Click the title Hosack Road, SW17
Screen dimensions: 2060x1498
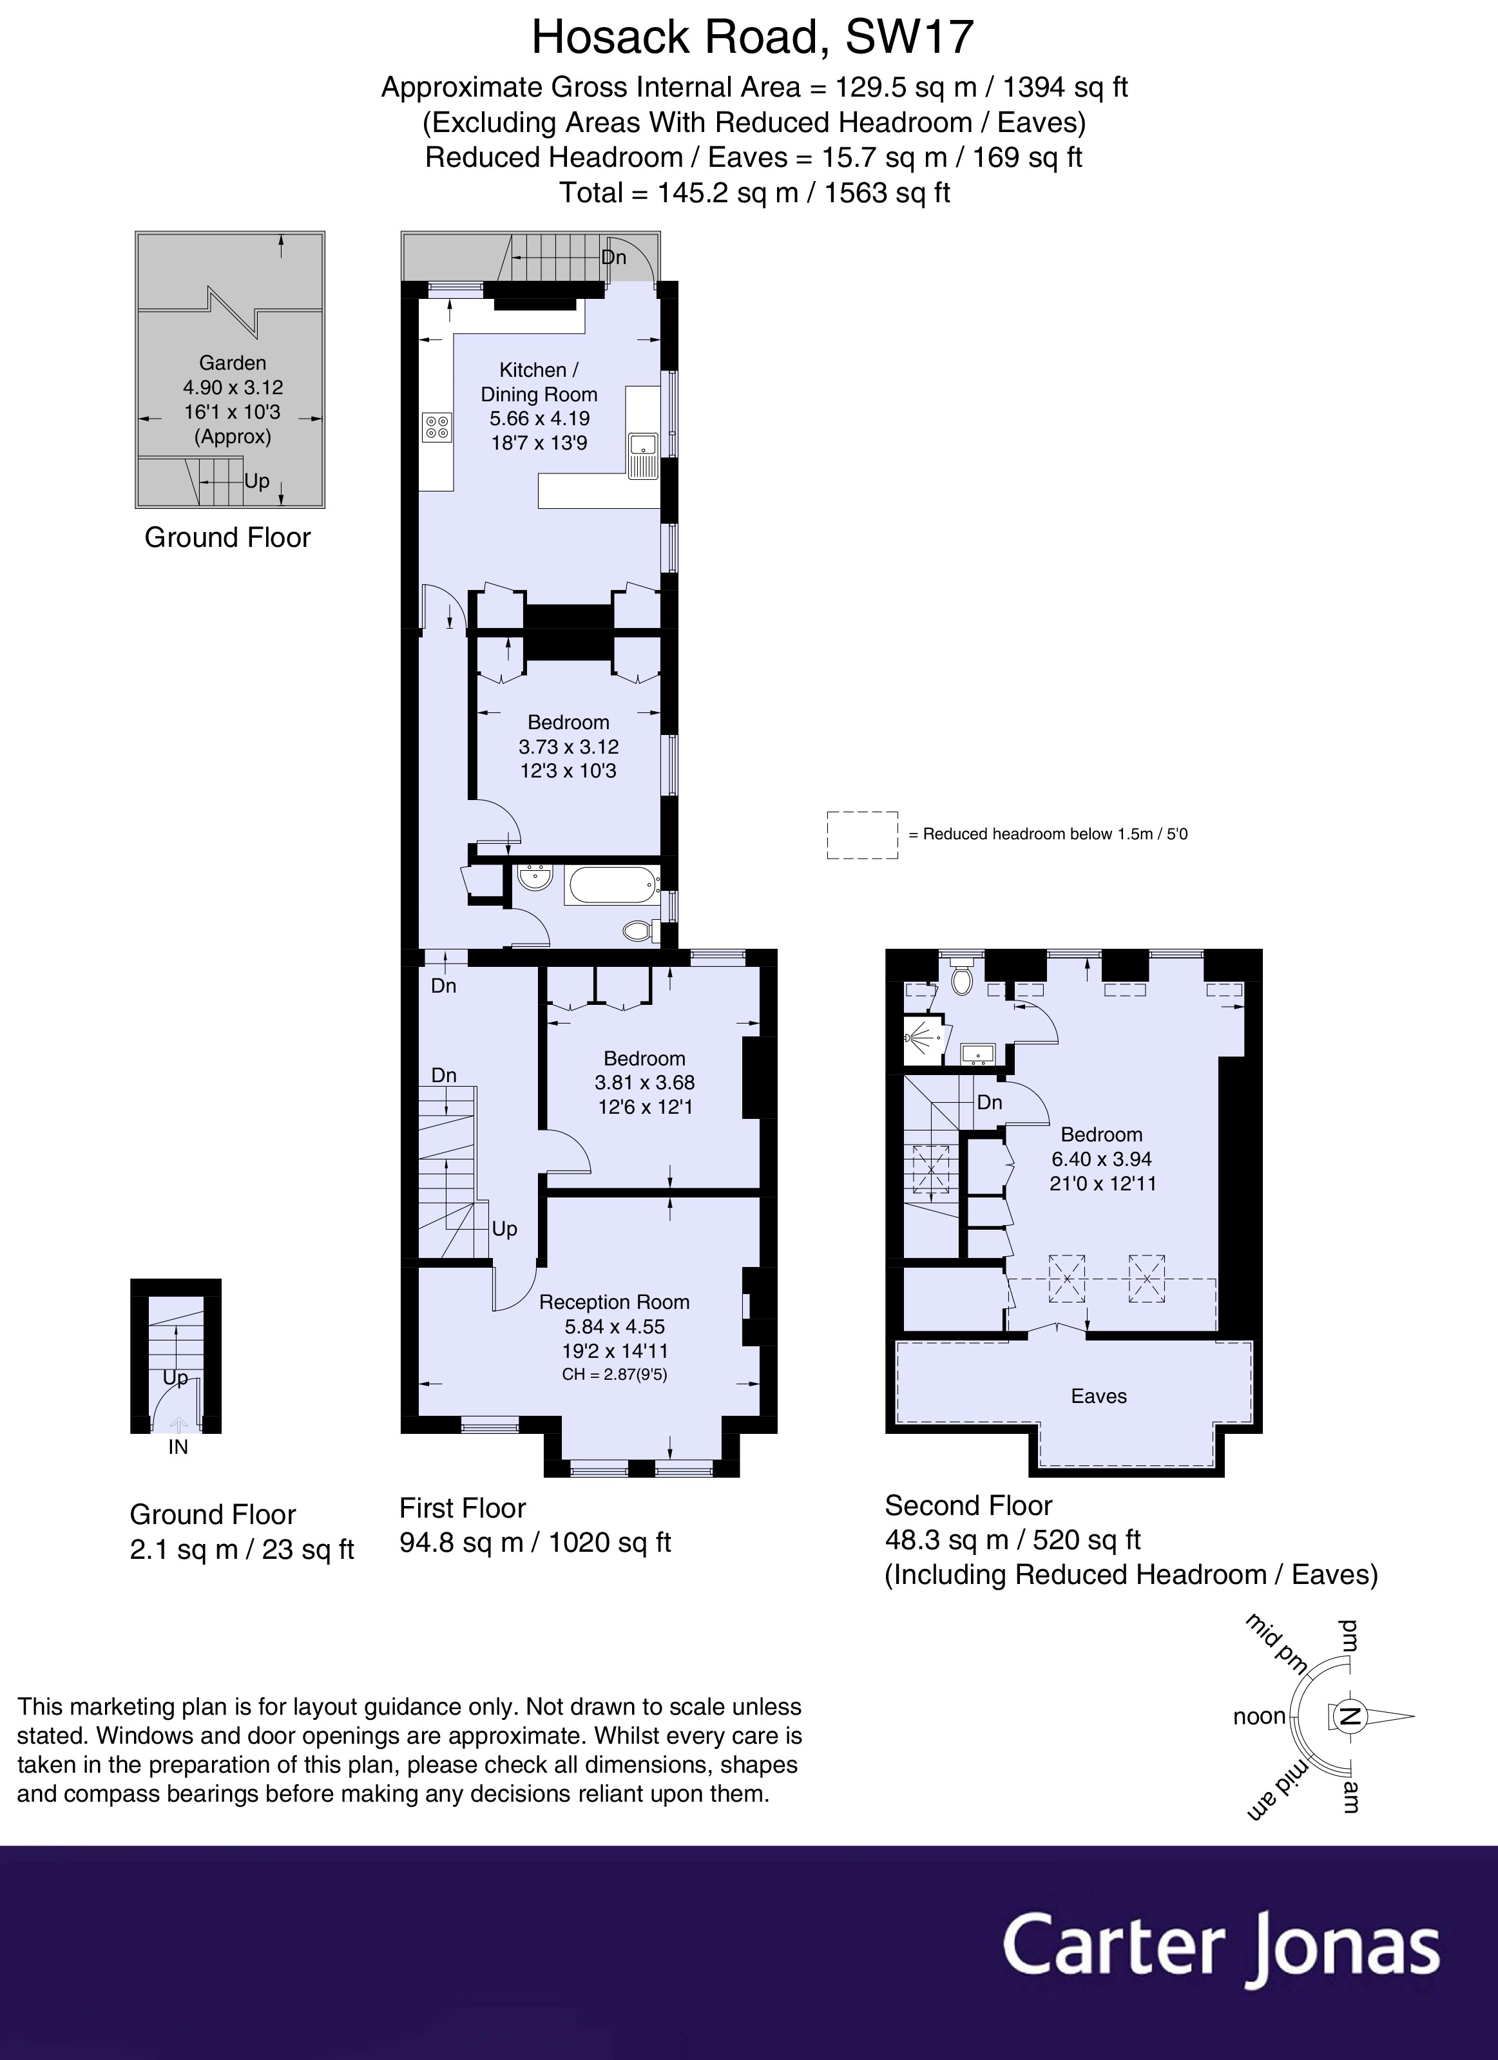click(x=752, y=38)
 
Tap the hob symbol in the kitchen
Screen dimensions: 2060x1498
click(x=437, y=427)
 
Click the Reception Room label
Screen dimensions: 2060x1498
click(x=614, y=1302)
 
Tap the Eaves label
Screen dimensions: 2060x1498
click(x=1099, y=1396)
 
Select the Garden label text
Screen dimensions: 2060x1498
click(x=233, y=363)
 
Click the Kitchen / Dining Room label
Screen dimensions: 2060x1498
click(x=539, y=383)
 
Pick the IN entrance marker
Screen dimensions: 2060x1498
click(x=178, y=1447)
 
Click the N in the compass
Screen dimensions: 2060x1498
click(x=1350, y=1716)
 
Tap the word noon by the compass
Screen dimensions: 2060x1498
click(x=1259, y=1717)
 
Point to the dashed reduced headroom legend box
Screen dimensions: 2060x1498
click(x=862, y=835)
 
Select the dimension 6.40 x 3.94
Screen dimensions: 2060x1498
click(x=1101, y=1159)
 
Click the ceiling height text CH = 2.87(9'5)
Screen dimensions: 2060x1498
click(x=614, y=1374)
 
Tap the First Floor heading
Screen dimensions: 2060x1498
click(x=463, y=1508)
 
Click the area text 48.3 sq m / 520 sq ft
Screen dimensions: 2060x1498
click(x=1012, y=1540)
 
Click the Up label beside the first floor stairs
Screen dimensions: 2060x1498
click(x=504, y=1229)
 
